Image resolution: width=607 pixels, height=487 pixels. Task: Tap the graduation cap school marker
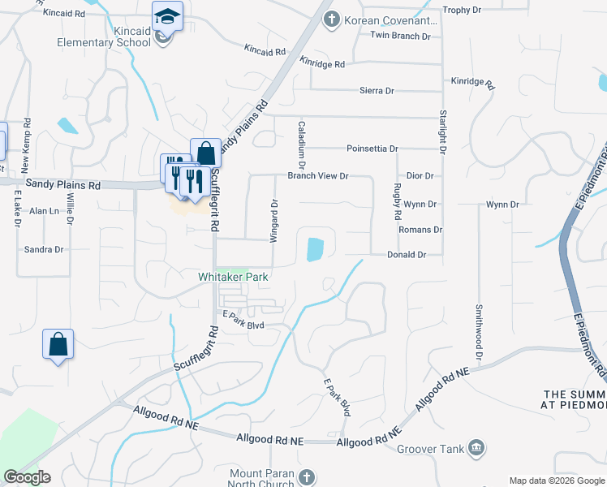point(167,17)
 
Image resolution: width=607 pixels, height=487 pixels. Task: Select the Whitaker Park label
point(233,277)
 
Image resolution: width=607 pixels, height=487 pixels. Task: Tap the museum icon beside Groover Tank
point(476,447)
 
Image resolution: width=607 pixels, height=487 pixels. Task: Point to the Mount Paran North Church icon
point(306,477)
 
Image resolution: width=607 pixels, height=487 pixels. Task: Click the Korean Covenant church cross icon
point(331,19)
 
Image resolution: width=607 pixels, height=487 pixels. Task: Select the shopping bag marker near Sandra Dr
point(58,344)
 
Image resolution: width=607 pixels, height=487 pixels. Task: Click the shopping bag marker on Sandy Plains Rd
point(206,153)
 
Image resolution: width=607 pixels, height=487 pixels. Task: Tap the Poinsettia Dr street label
point(372,149)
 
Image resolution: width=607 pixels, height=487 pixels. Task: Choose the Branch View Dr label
point(317,175)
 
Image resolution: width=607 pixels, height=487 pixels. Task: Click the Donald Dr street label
point(406,255)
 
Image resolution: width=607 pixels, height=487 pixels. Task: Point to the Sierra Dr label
point(377,91)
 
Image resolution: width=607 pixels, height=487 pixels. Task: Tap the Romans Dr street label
point(420,230)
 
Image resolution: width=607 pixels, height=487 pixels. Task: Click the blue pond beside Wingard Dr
point(314,249)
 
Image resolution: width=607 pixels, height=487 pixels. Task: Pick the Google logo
point(27,477)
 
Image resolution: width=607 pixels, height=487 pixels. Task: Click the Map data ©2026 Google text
point(555,481)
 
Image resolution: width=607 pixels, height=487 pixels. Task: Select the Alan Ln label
point(45,211)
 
